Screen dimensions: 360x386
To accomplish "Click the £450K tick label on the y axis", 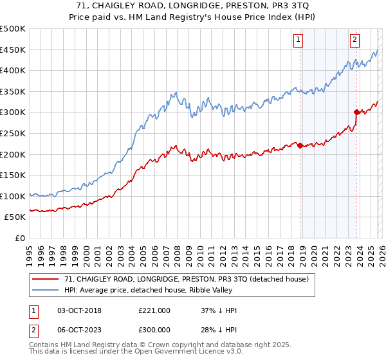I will pos(13,50).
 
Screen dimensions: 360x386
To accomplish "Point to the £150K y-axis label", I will pos(13,175).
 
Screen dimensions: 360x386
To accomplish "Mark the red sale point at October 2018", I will pos(300,146).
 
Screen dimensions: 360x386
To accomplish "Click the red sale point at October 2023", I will pos(357,112).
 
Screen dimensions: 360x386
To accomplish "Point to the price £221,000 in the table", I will pos(154,310).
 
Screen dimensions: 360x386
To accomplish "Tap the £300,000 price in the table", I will pos(154,330).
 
